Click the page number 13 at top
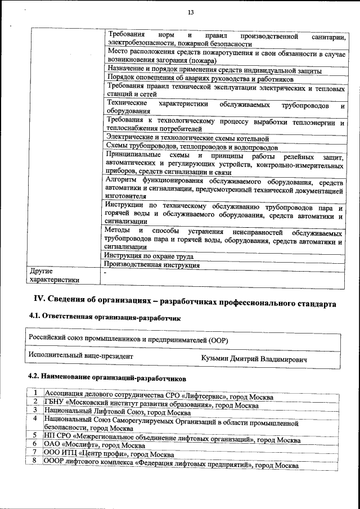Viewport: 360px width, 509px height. pyautogui.click(x=191, y=12)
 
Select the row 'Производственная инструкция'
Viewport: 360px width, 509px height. pyautogui.click(x=152, y=264)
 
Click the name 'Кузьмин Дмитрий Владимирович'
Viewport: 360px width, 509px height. pyautogui.click(x=254, y=358)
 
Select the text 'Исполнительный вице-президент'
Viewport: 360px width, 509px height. pyautogui.click(x=81, y=356)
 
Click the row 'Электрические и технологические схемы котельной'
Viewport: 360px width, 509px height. pyautogui.click(x=187, y=138)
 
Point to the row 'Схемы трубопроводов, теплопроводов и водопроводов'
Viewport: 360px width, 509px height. pyautogui.click(x=192, y=147)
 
